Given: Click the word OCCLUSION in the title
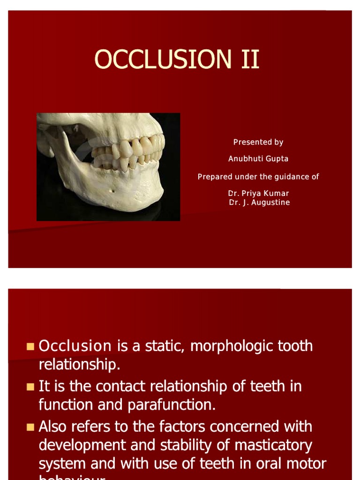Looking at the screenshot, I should (161, 60).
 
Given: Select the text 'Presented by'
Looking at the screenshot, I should (258, 142).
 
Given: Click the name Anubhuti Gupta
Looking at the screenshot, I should (258, 159).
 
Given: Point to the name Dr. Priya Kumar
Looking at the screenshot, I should (258, 193).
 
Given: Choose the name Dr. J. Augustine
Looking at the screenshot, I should (259, 202).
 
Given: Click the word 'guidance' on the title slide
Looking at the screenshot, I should (287, 177).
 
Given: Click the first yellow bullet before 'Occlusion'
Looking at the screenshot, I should (30, 346).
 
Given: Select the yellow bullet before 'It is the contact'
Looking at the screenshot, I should (30, 387).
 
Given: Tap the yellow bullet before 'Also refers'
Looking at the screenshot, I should (30, 427).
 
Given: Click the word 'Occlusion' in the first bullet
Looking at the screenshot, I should (75, 346).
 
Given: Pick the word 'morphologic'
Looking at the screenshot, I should (233, 346).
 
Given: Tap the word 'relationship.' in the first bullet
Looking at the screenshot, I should (80, 364).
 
